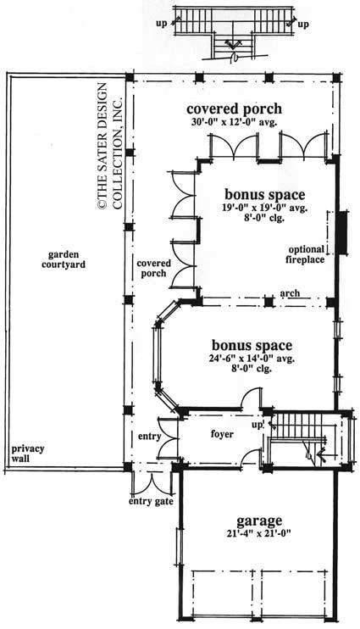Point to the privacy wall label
(x=27, y=454)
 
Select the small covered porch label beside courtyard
(x=153, y=269)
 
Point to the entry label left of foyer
(x=149, y=436)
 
